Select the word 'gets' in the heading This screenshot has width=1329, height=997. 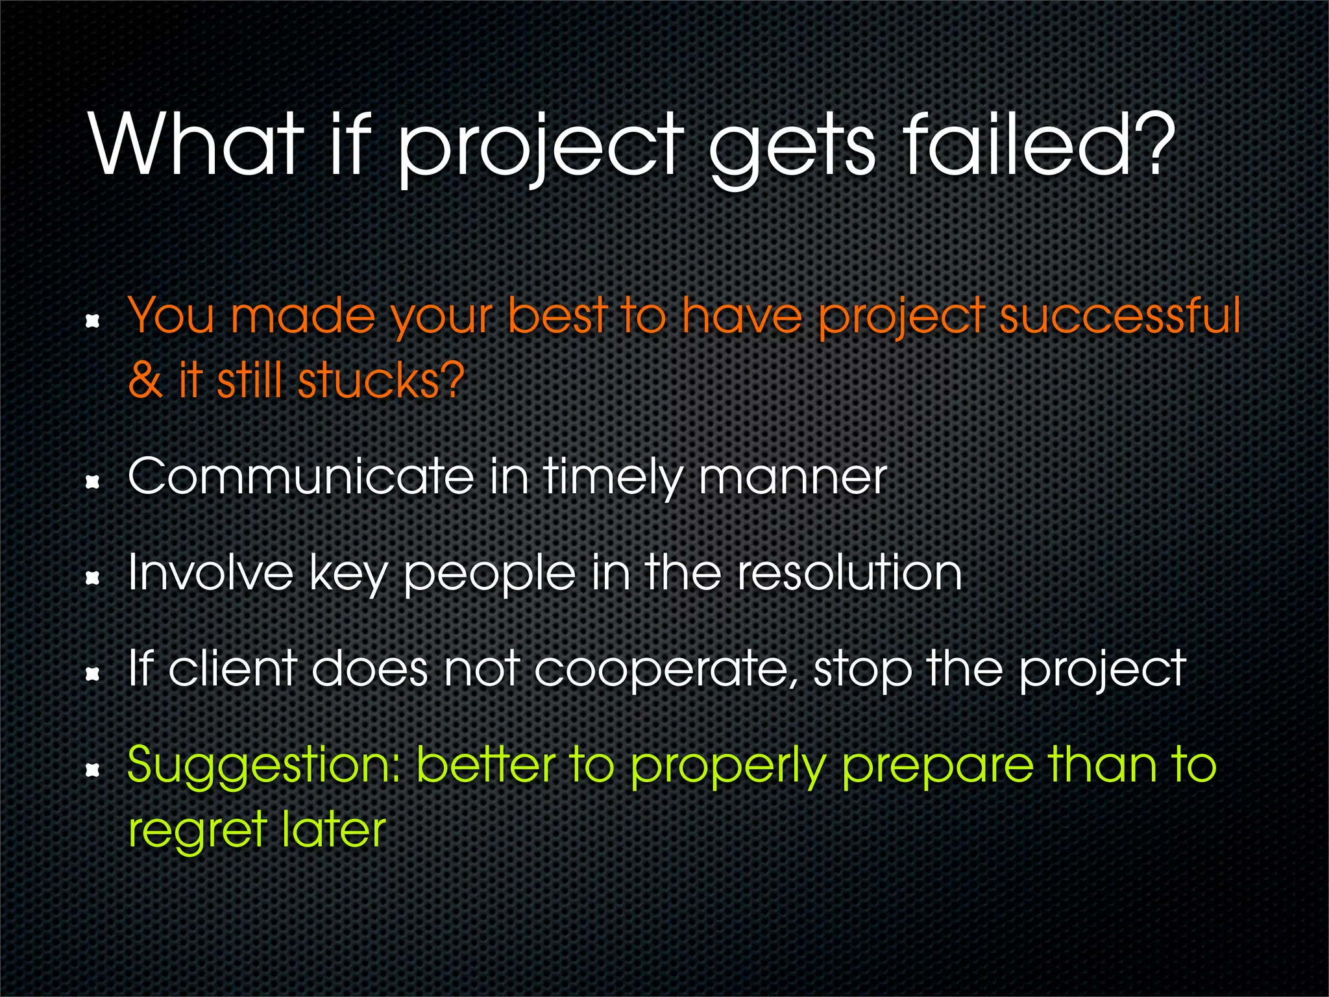[x=792, y=149]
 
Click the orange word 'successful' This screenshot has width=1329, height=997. [x=1119, y=315]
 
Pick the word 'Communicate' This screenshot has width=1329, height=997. [x=301, y=477]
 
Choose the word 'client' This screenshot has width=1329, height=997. [x=232, y=669]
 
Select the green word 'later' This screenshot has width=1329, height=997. [x=334, y=830]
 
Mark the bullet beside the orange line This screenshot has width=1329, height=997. [x=93, y=321]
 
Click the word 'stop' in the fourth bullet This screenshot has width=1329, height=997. [x=862, y=671]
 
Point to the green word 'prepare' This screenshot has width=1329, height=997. [x=937, y=769]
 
